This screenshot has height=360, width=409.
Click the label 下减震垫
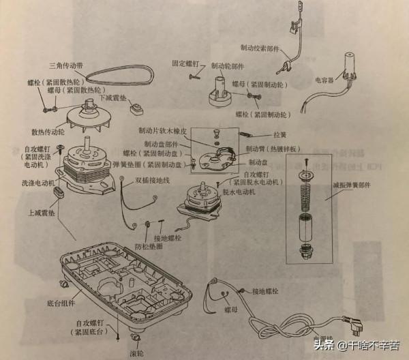tap(116, 97)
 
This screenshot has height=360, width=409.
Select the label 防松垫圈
tap(149, 245)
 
